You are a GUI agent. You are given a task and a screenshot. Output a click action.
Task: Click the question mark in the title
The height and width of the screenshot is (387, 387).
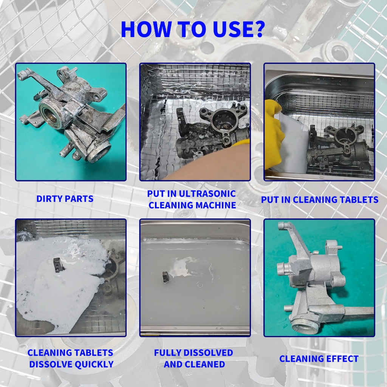(x=259, y=29)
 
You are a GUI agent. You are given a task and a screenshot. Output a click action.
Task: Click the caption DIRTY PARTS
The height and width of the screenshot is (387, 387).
(x=65, y=199)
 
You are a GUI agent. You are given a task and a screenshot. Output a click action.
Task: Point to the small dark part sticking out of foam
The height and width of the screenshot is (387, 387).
(x=58, y=264)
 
